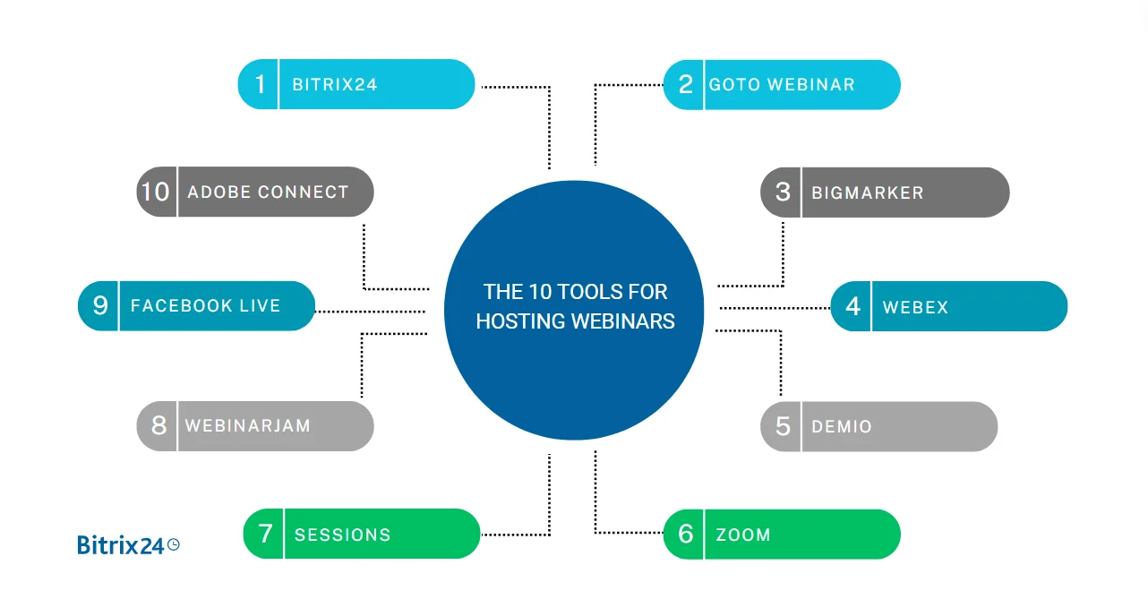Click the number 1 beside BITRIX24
261,85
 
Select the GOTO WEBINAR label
782,85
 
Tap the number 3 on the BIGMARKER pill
783,192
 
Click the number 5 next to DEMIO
783,426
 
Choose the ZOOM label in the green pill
743,535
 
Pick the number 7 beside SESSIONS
265,534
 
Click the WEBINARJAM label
248,426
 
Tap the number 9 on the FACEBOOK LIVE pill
100,305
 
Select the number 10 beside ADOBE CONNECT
156,192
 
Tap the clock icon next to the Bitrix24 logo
174,543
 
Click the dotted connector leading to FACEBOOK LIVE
370,312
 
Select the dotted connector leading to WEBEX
775,308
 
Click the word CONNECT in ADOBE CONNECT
304,192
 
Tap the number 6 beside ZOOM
686,535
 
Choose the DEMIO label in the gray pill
842,426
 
